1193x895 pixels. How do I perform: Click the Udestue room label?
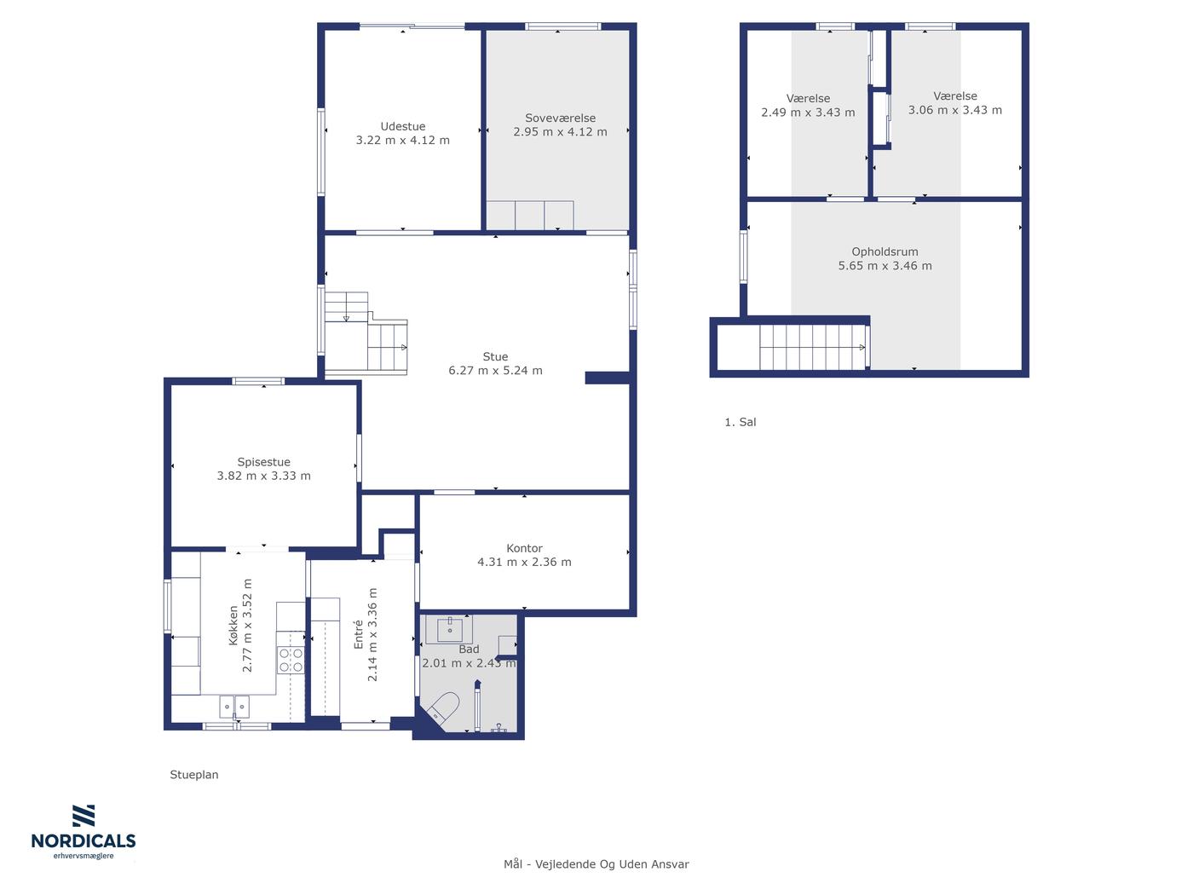[403, 127]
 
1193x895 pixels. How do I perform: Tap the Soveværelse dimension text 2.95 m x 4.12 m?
[561, 132]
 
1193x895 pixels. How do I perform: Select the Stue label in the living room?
[495, 356]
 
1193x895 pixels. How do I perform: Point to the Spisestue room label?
[263, 462]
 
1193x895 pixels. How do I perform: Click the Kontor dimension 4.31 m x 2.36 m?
[524, 562]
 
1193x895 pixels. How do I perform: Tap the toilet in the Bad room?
[444, 707]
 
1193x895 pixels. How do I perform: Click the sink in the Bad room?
[450, 629]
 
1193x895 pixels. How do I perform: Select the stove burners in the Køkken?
[291, 660]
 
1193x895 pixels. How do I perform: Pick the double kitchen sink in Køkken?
[234, 707]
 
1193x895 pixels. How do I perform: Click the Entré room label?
[358, 635]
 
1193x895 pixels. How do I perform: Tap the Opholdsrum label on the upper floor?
[885, 251]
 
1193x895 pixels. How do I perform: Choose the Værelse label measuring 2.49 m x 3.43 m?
[808, 98]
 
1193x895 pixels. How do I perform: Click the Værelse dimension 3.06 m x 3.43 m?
[955, 110]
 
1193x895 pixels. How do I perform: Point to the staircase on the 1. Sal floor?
[813, 347]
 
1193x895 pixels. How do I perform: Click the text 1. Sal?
[741, 422]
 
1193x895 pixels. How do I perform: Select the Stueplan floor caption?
[194, 774]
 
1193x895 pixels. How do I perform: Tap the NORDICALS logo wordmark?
[84, 840]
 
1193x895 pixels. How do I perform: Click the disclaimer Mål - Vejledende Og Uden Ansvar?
[596, 864]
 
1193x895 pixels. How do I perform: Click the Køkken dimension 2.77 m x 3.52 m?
[247, 626]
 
